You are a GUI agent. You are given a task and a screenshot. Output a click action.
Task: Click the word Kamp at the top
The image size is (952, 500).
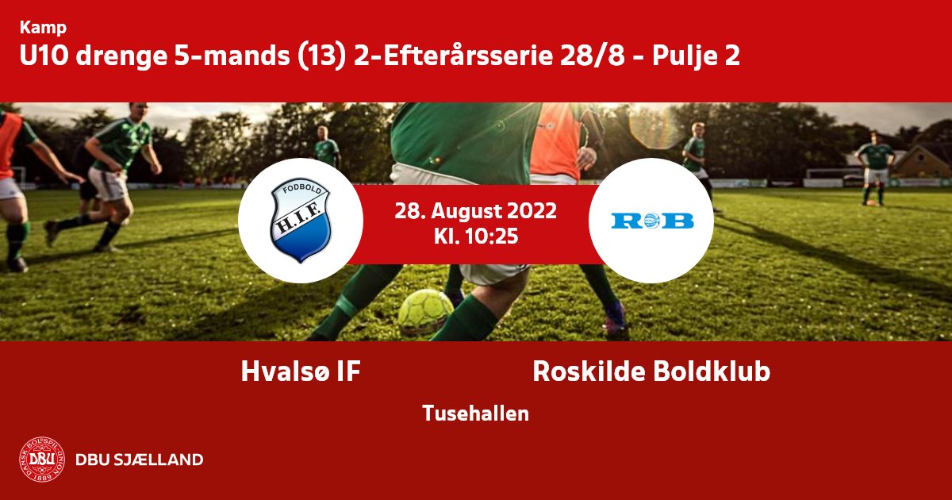[x=43, y=28]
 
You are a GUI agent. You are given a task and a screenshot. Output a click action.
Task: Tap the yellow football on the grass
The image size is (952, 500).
[x=425, y=313]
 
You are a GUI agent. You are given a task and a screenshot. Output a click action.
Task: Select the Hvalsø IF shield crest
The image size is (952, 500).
[x=301, y=221]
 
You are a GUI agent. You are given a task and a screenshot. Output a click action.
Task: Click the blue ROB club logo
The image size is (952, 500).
[x=652, y=221]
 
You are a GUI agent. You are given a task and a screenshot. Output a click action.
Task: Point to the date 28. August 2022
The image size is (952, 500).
[x=475, y=211]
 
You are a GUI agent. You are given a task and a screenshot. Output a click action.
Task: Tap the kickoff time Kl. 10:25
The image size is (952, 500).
[x=476, y=236]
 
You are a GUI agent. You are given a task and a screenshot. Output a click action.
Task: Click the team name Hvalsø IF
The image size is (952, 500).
[x=301, y=371]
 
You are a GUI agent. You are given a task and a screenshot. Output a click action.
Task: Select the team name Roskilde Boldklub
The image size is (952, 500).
[x=651, y=371]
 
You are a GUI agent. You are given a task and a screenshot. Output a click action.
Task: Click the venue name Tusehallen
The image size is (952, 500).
[x=475, y=413]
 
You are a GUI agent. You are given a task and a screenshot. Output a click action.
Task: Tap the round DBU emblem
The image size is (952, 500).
[x=42, y=460]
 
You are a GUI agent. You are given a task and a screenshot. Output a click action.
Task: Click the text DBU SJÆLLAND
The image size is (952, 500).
[x=140, y=460]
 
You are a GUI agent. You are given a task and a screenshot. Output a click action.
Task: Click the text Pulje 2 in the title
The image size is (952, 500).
[x=697, y=56]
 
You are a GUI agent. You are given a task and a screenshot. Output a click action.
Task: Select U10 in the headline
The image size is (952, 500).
[x=44, y=56]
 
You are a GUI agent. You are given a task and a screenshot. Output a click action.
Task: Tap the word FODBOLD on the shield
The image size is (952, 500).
[x=301, y=189]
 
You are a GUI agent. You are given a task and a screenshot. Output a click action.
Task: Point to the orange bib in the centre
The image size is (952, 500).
[x=555, y=140]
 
